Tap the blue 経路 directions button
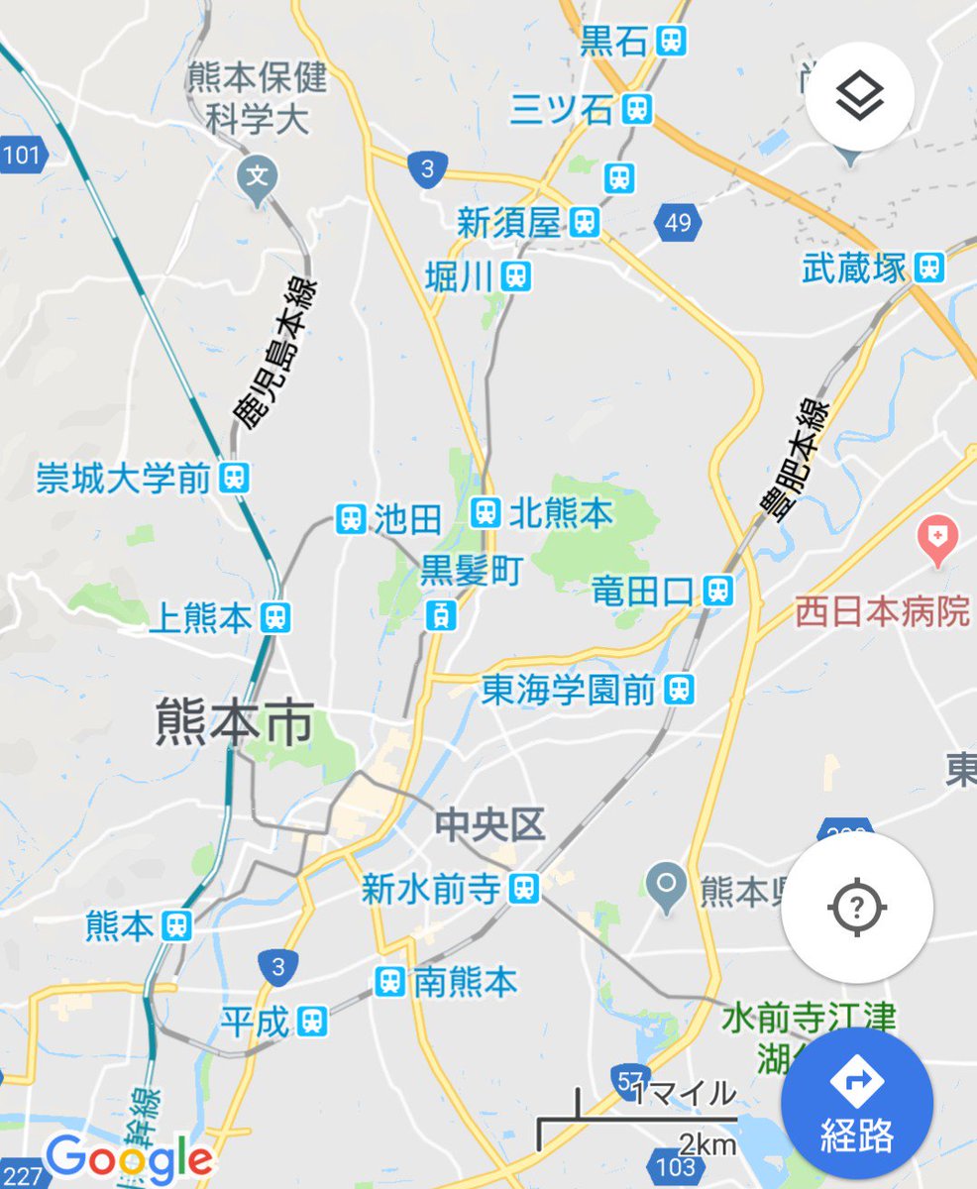856,1103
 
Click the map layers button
859,96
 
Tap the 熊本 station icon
177,926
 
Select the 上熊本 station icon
275,618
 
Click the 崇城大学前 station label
124,480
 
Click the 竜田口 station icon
718,592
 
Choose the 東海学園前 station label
569,691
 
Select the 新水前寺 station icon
525,889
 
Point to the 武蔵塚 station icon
929,267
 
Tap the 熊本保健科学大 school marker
258,179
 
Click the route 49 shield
679,222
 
